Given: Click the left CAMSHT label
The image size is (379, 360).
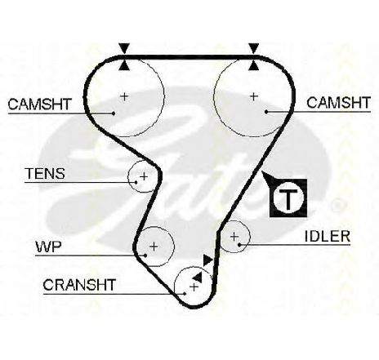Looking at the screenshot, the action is click(39, 104).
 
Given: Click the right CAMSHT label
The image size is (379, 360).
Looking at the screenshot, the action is click(338, 103).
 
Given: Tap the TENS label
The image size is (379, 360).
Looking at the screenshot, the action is click(45, 174).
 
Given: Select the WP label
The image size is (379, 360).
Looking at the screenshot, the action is click(49, 247).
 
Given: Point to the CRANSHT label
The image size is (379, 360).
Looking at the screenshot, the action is click(79, 285).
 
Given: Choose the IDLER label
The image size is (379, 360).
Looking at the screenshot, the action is click(328, 236).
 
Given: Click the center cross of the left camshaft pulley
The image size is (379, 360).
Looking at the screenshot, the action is click(124, 96).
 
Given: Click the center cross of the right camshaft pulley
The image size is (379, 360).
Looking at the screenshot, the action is click(254, 96).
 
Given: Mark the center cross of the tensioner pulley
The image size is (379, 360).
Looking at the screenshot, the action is click(144, 177).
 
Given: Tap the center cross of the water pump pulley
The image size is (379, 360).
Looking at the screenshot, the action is click(154, 247).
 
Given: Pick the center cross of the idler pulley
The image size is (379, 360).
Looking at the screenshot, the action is click(234, 237).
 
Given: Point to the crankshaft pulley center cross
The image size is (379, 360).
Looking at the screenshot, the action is click(194, 287).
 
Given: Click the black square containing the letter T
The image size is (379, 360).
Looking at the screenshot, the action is click(288, 198).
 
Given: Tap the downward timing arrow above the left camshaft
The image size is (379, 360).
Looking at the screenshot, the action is click(124, 48).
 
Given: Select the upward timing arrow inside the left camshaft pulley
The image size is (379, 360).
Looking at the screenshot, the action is click(124, 65).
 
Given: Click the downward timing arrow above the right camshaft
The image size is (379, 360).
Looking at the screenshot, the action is click(254, 48).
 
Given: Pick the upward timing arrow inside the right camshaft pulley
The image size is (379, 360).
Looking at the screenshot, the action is click(254, 65).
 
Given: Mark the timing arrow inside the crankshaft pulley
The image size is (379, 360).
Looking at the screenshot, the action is click(198, 277).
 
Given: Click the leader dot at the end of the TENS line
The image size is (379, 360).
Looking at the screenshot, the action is click(136, 182).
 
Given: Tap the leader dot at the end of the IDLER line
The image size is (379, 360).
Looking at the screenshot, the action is click(239, 245).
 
